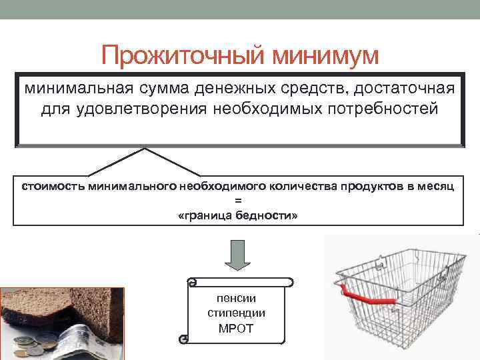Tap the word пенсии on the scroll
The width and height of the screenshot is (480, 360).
point(236,298)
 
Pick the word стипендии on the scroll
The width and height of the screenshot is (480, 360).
point(236,313)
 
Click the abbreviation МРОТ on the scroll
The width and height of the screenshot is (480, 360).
point(236,328)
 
